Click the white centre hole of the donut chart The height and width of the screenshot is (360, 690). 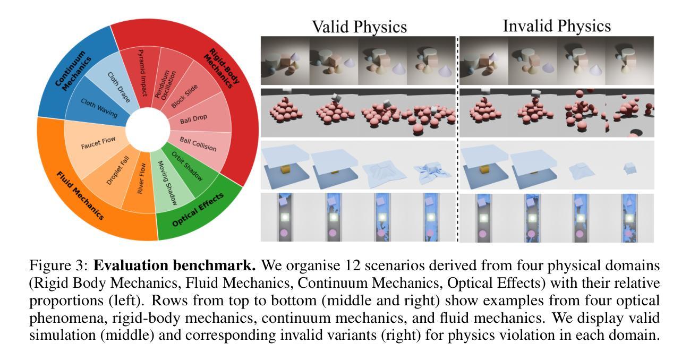[x=143, y=130]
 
